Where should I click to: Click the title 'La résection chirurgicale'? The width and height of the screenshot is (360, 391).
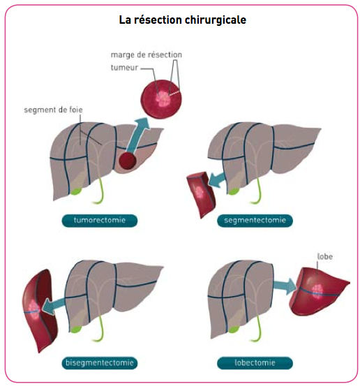183,20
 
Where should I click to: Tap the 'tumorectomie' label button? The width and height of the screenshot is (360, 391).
99,221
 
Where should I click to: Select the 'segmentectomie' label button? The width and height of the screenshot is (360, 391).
255,221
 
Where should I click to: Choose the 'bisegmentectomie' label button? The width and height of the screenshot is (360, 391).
99,363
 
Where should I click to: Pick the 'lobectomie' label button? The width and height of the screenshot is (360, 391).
255,363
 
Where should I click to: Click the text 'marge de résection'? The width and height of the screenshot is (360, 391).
147,55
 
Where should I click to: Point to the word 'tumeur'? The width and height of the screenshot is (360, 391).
124,68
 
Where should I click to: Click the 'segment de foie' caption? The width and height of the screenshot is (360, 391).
53,110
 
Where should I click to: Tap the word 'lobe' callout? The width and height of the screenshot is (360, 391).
325,257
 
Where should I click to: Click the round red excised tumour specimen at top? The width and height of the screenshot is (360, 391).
161,99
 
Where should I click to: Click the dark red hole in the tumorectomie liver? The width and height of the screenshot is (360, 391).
127,161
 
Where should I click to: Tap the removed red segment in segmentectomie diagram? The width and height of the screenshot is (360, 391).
200,195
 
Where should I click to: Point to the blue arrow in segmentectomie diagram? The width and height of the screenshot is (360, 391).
217,180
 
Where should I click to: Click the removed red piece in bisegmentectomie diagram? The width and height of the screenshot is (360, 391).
40,311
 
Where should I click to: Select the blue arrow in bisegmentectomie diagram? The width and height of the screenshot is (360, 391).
54,307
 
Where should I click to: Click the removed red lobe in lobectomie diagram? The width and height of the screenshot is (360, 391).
319,291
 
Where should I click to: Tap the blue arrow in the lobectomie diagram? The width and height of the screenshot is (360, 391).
285,286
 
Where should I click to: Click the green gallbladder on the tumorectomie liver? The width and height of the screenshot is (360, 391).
75,191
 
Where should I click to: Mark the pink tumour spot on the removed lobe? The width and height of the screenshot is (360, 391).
317,290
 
